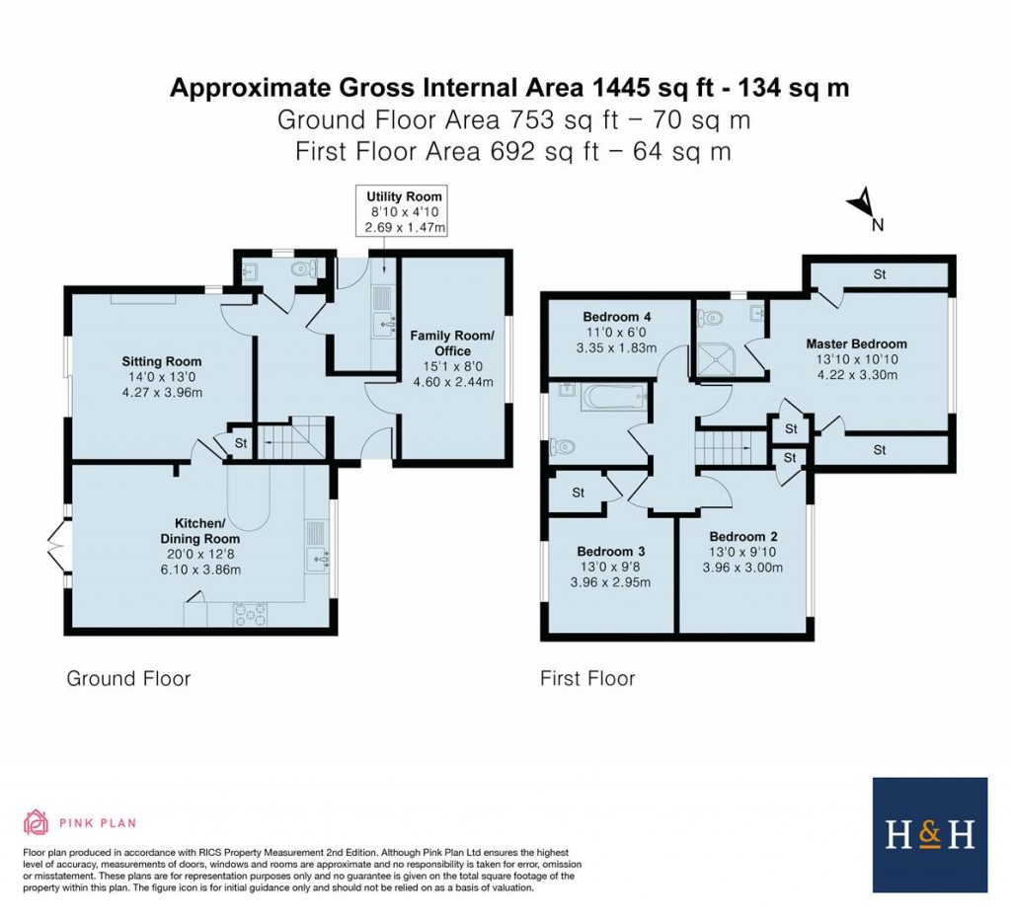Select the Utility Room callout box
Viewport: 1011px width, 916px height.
click(405, 212)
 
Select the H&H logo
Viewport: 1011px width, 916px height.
click(929, 834)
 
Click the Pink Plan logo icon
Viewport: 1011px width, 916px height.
click(36, 821)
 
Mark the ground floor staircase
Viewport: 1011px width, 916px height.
click(292, 437)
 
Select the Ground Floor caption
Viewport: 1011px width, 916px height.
click(128, 678)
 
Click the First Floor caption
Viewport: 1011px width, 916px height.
click(587, 678)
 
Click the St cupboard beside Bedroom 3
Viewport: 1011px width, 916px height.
click(579, 493)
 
